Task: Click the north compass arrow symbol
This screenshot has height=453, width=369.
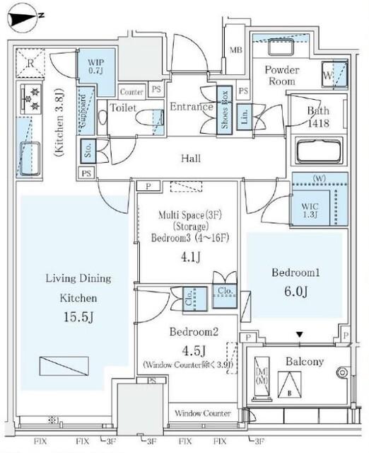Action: click(28, 13)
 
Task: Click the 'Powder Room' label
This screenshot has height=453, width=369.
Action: click(282, 76)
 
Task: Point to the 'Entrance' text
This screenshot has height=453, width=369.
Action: click(191, 108)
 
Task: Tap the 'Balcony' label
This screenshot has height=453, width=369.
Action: click(305, 362)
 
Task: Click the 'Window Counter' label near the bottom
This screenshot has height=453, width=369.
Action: click(202, 413)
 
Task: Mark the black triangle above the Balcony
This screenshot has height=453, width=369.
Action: click(300, 335)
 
